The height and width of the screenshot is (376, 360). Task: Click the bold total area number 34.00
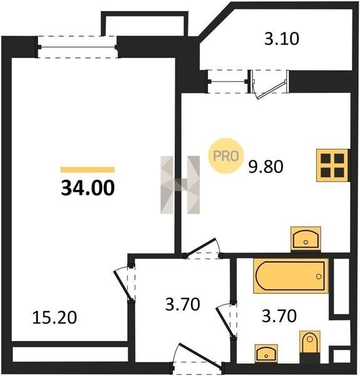click(x=88, y=188)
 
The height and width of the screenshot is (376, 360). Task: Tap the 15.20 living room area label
click(x=54, y=317)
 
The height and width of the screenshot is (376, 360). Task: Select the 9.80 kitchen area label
click(x=265, y=167)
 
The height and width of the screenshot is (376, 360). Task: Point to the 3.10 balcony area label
click(x=282, y=39)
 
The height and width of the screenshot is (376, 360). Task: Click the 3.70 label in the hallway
click(x=183, y=304)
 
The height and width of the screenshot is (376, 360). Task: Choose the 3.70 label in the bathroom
click(x=279, y=316)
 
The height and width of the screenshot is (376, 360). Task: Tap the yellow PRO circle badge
click(x=225, y=156)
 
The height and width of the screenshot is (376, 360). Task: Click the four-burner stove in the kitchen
click(x=332, y=165)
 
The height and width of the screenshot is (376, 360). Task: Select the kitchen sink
click(x=306, y=239)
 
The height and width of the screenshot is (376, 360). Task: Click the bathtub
click(x=291, y=276)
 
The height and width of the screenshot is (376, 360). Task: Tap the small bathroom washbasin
click(x=266, y=353)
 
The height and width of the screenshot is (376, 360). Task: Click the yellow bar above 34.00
click(x=88, y=170)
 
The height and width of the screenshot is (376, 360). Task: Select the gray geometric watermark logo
click(x=180, y=185)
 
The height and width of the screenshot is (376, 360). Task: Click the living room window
click(x=78, y=47)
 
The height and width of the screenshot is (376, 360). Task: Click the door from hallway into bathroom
click(x=227, y=320)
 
